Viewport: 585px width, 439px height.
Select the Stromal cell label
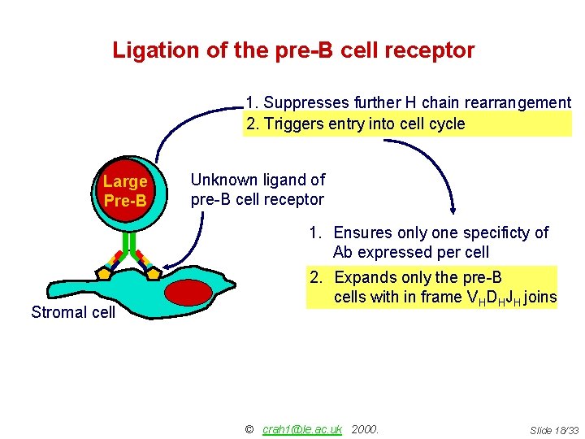[73, 312]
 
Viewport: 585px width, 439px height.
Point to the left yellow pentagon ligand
[103, 272]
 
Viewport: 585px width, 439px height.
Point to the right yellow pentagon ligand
[153, 272]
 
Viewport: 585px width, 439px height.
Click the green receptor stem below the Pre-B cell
[128, 242]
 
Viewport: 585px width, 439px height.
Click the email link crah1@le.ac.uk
[302, 428]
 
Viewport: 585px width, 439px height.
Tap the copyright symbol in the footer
[249, 428]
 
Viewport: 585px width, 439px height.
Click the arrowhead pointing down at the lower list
[452, 207]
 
